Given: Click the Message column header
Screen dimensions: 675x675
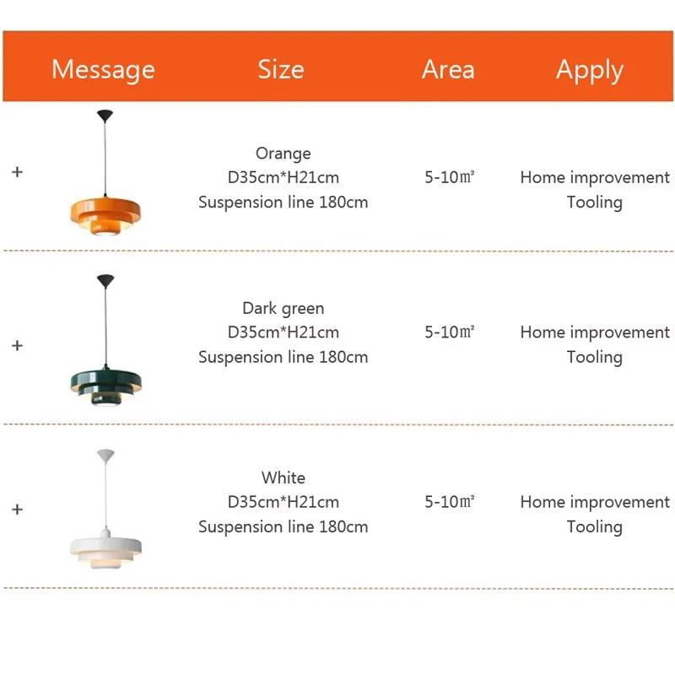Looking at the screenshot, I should (103, 69).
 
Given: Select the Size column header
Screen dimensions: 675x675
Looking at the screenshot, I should (281, 69).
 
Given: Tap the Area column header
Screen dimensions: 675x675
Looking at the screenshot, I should (448, 69).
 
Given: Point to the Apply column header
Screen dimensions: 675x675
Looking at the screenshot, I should (590, 70).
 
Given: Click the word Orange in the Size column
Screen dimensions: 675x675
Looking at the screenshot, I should (283, 154).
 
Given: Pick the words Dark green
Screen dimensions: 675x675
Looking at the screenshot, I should (283, 308).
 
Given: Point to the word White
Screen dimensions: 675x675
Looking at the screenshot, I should (283, 478).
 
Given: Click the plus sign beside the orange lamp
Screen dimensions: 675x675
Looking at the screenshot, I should (17, 171).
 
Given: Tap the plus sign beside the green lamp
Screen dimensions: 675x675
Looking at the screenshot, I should (17, 345).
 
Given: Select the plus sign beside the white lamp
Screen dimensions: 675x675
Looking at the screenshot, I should (17, 510).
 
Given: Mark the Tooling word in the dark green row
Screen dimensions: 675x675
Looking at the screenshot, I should (595, 357).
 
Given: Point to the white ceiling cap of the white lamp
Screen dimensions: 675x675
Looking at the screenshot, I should (105, 455).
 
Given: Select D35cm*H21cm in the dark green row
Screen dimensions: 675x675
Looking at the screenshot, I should (283, 332).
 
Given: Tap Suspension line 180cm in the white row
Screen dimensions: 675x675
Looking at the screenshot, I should (283, 526).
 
